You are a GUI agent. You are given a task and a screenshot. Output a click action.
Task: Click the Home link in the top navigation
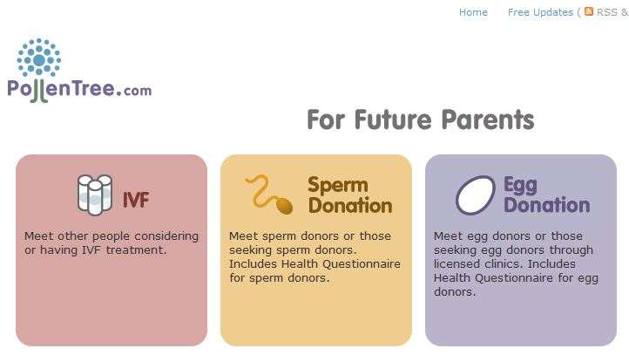pyautogui.click(x=473, y=12)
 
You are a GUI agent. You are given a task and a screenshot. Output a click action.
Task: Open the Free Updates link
pyautogui.click(x=540, y=12)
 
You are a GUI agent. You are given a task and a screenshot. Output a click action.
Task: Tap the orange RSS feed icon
pyautogui.click(x=588, y=11)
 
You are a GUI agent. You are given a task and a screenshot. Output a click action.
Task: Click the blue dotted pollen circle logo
pyautogui.click(x=39, y=57)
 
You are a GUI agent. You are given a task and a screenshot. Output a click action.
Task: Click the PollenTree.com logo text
pyautogui.click(x=79, y=90)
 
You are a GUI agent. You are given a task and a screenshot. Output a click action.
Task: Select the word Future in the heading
pyautogui.click(x=394, y=120)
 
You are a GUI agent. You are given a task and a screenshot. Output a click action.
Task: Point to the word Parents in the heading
pyautogui.click(x=488, y=120)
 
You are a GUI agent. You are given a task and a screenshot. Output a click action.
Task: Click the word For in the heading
pyautogui.click(x=326, y=120)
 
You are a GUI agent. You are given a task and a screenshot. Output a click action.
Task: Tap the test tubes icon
pyautogui.click(x=95, y=195)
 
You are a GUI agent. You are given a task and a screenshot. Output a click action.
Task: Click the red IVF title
pyautogui.click(x=136, y=200)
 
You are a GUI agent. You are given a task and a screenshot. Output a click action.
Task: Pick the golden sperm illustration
pyautogui.click(x=269, y=195)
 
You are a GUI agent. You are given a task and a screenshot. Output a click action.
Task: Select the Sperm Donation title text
pyautogui.click(x=350, y=195)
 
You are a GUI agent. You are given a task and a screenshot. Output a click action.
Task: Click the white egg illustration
pyautogui.click(x=476, y=195)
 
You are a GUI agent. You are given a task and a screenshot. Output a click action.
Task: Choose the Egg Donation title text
pyautogui.click(x=547, y=195)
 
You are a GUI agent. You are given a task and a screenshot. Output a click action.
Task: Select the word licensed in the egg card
pyautogui.click(x=457, y=264)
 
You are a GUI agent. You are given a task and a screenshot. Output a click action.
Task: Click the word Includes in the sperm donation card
pyautogui.click(x=254, y=264)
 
